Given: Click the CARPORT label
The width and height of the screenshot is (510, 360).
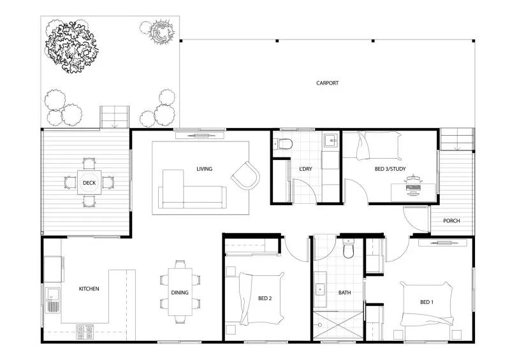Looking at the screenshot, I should pos(327,83).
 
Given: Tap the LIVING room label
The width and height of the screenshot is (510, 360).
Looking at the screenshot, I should pos(204,169).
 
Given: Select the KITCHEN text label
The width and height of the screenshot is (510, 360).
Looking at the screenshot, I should pos(89,289).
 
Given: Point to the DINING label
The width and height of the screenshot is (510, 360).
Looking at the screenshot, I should pos(179,293).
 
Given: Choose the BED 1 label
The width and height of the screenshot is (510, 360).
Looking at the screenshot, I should pos(426,301).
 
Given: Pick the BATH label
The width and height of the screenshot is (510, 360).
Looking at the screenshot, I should pos(345,293).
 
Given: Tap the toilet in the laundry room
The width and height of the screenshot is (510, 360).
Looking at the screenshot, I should pos(285,144).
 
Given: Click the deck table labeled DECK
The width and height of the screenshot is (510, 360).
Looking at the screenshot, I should pos(89,183).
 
